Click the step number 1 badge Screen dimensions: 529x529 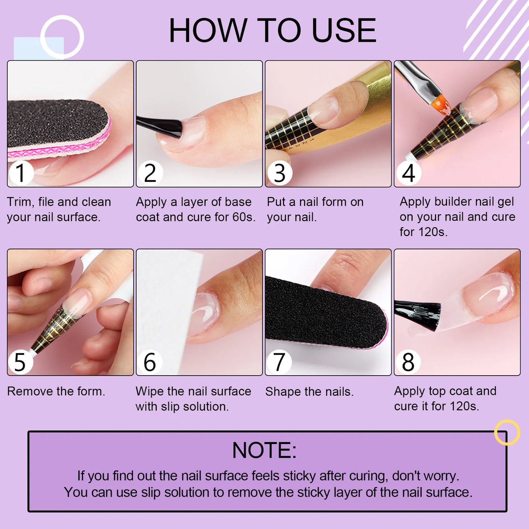point(21,173)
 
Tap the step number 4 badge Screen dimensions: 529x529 point(408,173)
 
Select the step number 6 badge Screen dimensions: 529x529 point(150,362)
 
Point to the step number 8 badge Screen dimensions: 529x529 point(408,362)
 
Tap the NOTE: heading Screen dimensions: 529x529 point(264,450)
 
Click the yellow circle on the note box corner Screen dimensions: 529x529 point(507,432)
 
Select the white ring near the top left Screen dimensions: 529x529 point(62,37)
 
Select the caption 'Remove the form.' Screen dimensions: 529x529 point(56,391)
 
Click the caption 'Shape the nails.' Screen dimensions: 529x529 point(309,392)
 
